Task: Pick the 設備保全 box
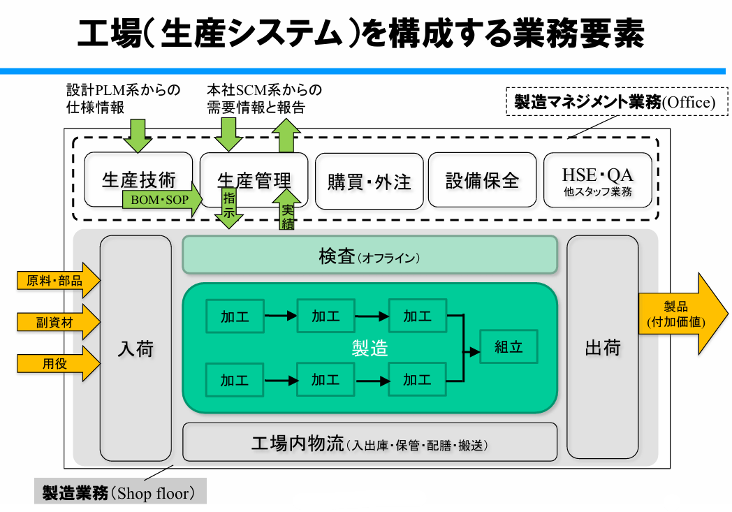[482, 180]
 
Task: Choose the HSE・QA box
[597, 180]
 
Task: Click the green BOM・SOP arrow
[161, 200]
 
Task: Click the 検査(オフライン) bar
[369, 257]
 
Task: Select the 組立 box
[508, 346]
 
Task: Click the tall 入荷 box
[136, 348]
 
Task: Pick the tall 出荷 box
[602, 348]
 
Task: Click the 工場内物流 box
[369, 444]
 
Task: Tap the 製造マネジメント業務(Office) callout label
[615, 102]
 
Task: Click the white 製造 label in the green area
[369, 348]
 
